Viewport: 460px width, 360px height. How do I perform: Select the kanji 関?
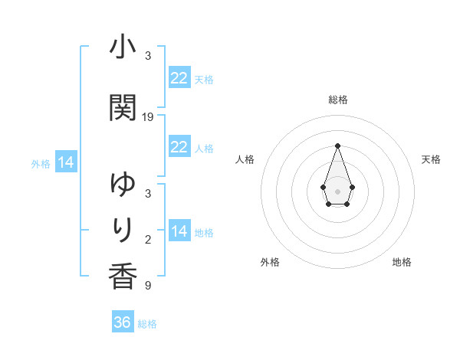point(123,107)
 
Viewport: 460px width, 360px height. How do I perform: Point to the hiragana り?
point(123,228)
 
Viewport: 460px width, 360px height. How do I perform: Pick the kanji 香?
point(123,274)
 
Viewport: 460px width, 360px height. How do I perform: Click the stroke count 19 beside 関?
point(148,116)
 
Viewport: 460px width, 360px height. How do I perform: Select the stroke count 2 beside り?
point(148,240)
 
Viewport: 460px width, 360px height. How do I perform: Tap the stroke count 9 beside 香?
point(148,286)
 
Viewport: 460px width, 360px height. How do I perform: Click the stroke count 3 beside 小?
point(148,56)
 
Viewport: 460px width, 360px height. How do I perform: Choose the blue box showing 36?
point(123,322)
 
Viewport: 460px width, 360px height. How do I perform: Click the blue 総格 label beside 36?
point(147,324)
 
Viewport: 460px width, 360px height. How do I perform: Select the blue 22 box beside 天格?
point(179,78)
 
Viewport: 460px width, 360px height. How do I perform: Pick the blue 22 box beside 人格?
point(179,147)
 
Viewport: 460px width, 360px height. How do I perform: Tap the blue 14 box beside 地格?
point(179,231)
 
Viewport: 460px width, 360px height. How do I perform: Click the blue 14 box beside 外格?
point(66,162)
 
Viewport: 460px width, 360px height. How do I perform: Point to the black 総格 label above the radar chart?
point(337,100)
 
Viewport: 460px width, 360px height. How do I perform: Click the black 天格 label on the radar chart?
point(431,159)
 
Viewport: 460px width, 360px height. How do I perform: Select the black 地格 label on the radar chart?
point(402,262)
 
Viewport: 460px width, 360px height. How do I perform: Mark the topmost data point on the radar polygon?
point(337,146)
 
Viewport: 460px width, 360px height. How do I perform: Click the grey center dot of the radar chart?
point(337,190)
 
